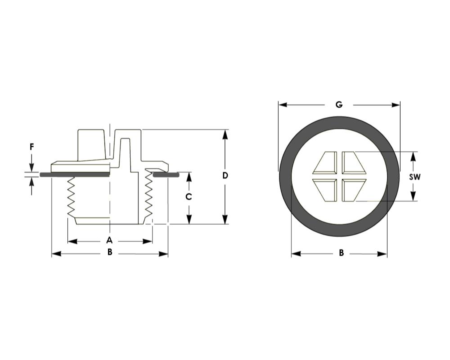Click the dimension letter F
click(x=32, y=147)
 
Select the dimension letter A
click(x=109, y=240)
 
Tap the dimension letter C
click(x=189, y=197)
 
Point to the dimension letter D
click(x=225, y=175)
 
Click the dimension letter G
click(x=339, y=105)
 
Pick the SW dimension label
click(x=414, y=177)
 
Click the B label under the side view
click(x=110, y=252)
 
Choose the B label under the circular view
click(x=341, y=253)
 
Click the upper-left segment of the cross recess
click(x=325, y=163)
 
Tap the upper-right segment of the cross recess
click(x=354, y=163)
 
